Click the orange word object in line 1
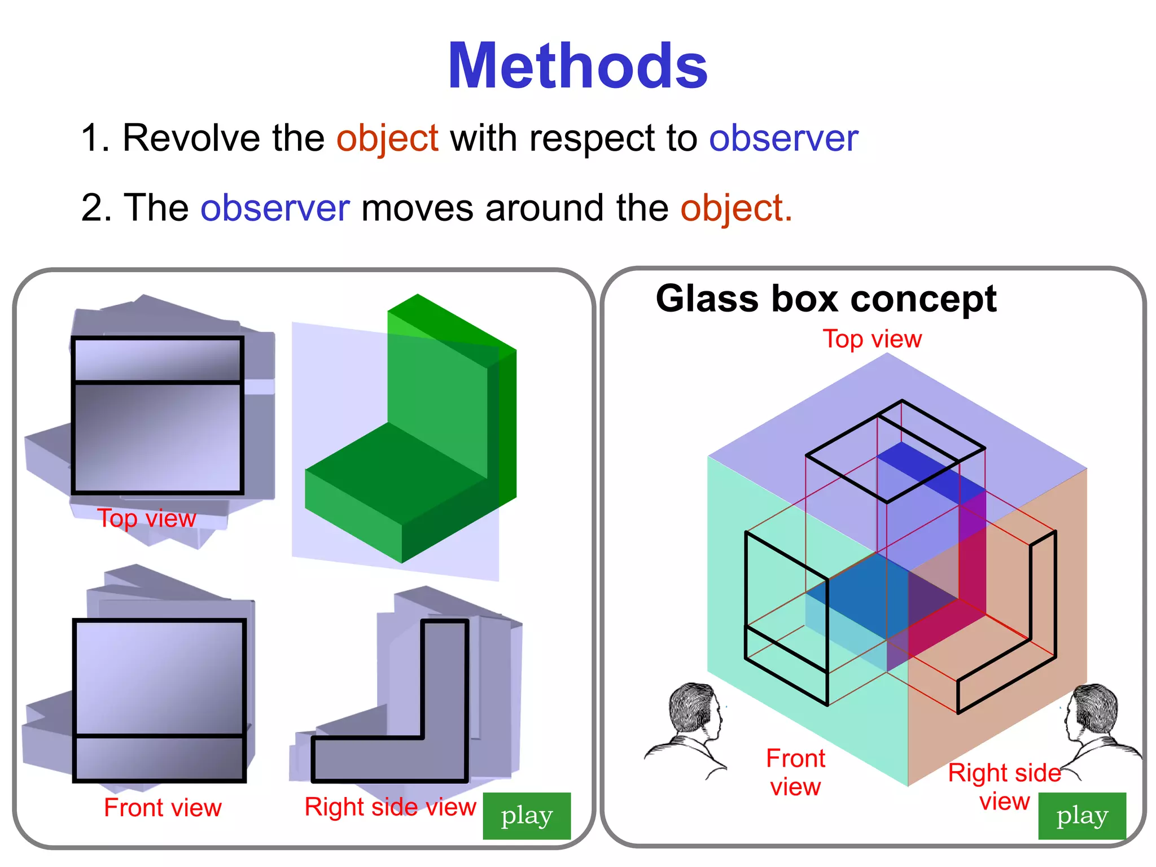[x=387, y=138]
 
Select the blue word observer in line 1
[x=783, y=138]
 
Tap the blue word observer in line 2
[x=275, y=208]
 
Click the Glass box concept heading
[x=826, y=299]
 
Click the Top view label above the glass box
[x=872, y=339]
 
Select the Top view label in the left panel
[x=147, y=518]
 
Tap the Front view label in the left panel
[x=163, y=808]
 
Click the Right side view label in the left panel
[x=390, y=807]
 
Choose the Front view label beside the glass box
[x=795, y=772]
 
